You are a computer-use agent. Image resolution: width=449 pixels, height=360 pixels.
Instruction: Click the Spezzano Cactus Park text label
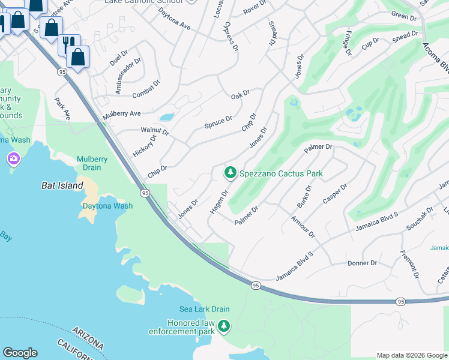click(281, 173)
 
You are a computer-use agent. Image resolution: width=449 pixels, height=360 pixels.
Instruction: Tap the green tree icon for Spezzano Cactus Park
click(229, 173)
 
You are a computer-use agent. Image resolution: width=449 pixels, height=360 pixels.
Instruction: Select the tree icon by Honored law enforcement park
click(224, 326)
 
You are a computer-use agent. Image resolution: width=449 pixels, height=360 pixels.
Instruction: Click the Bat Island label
click(62, 186)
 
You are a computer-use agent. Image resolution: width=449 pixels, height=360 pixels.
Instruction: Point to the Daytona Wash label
click(107, 206)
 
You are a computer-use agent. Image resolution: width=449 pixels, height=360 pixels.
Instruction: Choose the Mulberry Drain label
click(92, 163)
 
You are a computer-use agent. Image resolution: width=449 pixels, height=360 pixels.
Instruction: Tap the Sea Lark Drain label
click(205, 310)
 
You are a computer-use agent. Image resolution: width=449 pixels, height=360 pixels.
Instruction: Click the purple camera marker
click(13, 159)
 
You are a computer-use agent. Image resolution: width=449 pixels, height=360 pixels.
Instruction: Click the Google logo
click(20, 353)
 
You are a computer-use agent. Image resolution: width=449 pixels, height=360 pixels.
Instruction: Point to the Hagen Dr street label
click(218, 202)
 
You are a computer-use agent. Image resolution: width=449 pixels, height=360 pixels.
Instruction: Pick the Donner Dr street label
click(362, 263)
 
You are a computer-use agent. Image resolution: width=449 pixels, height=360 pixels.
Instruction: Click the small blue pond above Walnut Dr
click(166, 117)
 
